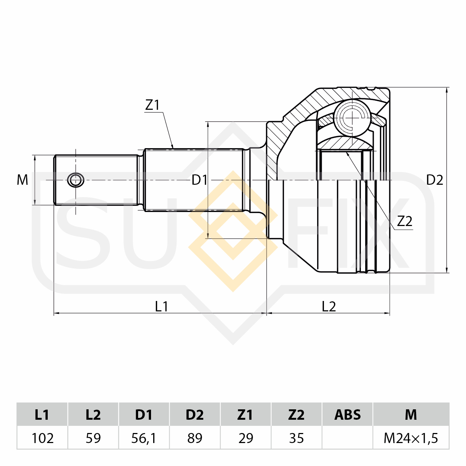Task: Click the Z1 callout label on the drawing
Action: pos(152,105)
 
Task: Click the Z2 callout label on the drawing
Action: pos(405,221)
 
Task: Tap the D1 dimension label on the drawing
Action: pos(199,180)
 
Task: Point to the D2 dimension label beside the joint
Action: pos(434,180)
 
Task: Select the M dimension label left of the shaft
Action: pos(23,180)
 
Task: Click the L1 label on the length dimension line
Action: pos(161,307)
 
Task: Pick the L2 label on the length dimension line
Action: pos(329,307)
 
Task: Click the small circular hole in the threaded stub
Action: pos(76,180)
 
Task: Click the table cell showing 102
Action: pos(43,438)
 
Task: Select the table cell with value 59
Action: pos(93,438)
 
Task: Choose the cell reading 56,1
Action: pos(144,438)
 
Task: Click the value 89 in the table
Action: pos(195,438)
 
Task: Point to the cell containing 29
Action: pos(246,438)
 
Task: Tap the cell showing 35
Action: pos(296,438)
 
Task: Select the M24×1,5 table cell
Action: pos(411,438)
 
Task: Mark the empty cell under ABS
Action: pos(348,438)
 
